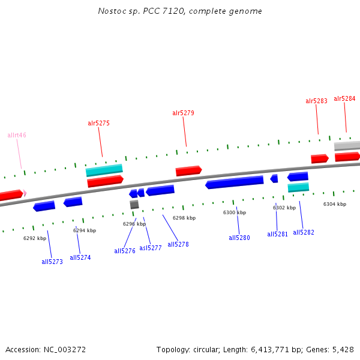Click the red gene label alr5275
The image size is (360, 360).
[x=98, y=124]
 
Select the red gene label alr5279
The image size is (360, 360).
[x=183, y=113]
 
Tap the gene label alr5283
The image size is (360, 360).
[x=316, y=101]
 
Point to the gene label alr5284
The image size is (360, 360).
[x=344, y=98]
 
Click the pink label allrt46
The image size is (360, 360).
[x=17, y=136]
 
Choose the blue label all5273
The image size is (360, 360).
[x=52, y=262]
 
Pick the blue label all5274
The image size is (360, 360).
[x=80, y=257]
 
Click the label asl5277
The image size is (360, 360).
[x=151, y=248]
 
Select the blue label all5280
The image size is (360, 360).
[x=239, y=238]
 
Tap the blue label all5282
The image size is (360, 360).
[x=304, y=232]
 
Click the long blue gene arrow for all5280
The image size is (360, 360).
[x=235, y=182]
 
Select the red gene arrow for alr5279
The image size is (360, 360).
[x=188, y=171]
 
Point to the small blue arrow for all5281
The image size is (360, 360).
[x=274, y=178]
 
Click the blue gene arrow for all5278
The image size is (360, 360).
[x=160, y=190]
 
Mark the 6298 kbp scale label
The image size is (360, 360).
[x=184, y=218]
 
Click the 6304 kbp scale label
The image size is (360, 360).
[x=335, y=205]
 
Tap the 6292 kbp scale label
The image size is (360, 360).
[x=35, y=238]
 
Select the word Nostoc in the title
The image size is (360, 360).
[x=110, y=11]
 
